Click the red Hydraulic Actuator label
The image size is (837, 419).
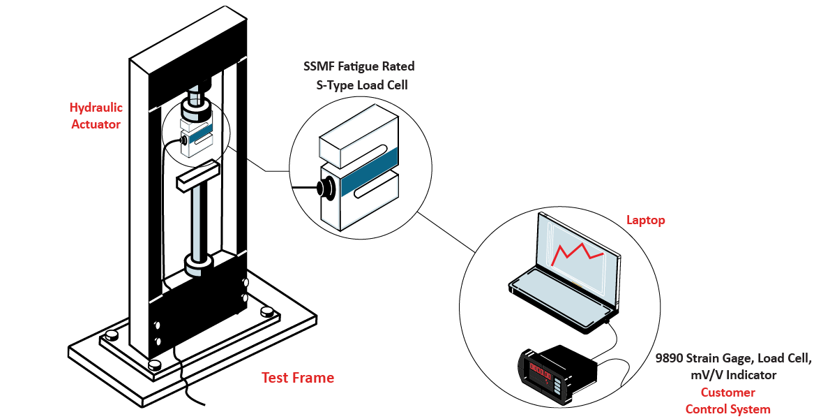pyautogui.click(x=96, y=116)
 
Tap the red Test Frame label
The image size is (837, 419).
pyautogui.click(x=298, y=378)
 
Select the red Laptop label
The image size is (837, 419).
pyautogui.click(x=646, y=220)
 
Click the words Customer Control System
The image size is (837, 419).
pyautogui.click(x=727, y=401)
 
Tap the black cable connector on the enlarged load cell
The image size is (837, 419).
pyautogui.click(x=326, y=189)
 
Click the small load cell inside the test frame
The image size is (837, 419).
pyautogui.click(x=197, y=136)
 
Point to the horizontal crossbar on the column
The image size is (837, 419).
pyautogui.click(x=198, y=175)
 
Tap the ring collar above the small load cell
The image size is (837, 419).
pyautogui.click(x=197, y=108)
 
